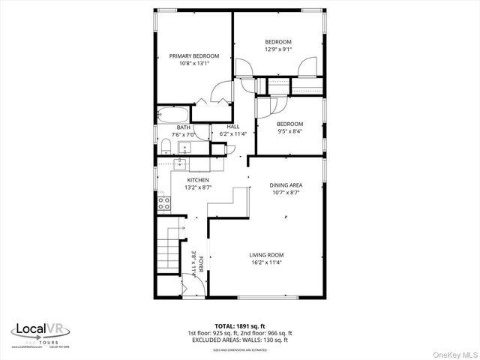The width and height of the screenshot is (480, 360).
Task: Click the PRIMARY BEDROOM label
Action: click(193, 56)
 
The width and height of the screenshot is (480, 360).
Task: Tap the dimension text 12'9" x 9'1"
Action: click(277, 49)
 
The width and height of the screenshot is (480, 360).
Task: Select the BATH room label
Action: click(184, 127)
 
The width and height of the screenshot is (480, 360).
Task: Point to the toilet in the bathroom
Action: click(164, 145)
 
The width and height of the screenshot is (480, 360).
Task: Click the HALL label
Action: click(233, 127)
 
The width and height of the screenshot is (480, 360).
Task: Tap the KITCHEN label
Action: click(198, 180)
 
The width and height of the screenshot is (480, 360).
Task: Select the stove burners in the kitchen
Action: click(161, 202)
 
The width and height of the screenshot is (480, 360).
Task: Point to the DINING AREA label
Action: click(286, 184)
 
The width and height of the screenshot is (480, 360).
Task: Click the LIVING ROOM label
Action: click(266, 255)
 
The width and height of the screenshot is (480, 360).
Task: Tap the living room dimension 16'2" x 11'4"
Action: click(266, 262)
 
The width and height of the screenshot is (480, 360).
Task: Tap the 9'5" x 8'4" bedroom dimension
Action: click(289, 131)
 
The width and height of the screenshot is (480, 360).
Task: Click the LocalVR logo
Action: click(41, 330)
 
